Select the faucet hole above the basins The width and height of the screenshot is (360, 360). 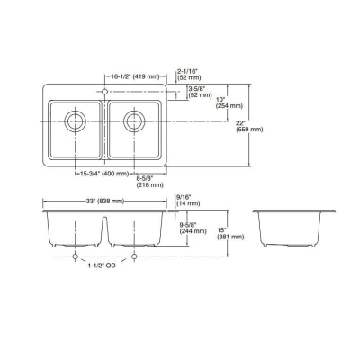click(105, 92)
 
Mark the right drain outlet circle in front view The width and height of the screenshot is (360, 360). click(134, 256)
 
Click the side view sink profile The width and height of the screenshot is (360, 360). click(293, 229)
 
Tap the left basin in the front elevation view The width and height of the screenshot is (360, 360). click(76, 229)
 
